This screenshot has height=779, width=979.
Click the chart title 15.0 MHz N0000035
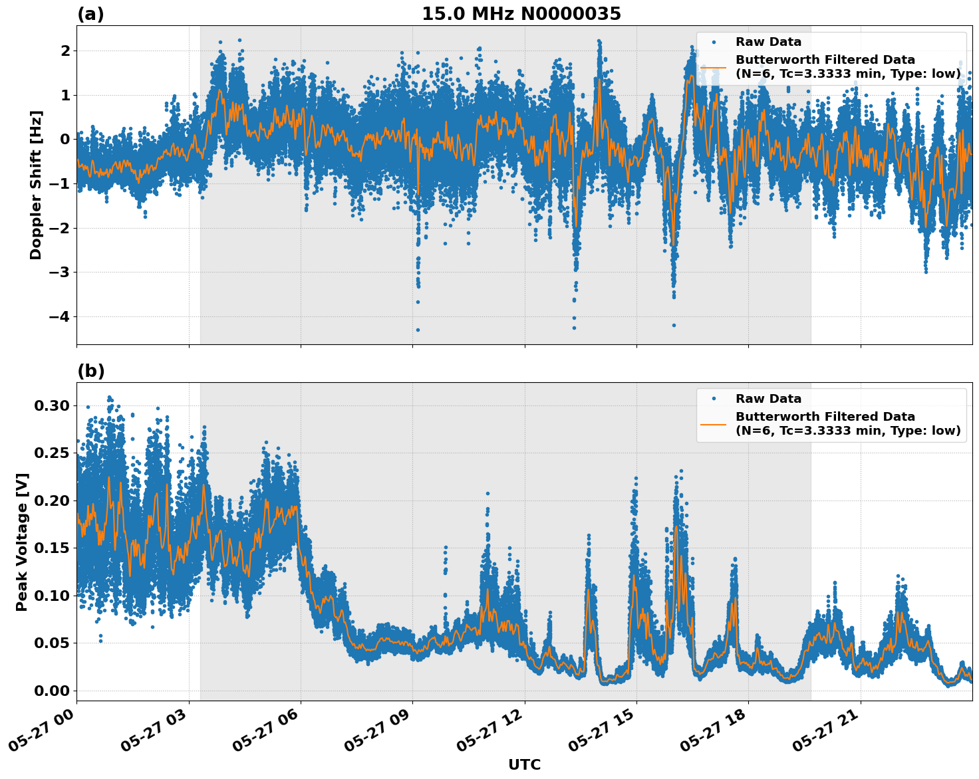(x=521, y=14)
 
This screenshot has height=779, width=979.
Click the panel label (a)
(x=90, y=14)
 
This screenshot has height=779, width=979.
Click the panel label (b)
(x=90, y=371)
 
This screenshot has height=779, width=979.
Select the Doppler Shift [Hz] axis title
(x=36, y=185)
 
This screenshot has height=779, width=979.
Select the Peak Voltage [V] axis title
(x=22, y=542)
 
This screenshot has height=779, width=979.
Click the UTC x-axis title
(x=524, y=764)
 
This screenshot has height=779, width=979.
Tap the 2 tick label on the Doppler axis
(x=65, y=51)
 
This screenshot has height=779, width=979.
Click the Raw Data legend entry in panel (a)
(x=768, y=42)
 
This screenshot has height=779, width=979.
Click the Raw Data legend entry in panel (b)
(x=768, y=399)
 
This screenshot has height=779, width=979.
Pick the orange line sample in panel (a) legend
(x=713, y=67)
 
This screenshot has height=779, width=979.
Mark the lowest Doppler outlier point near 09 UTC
(x=418, y=330)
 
